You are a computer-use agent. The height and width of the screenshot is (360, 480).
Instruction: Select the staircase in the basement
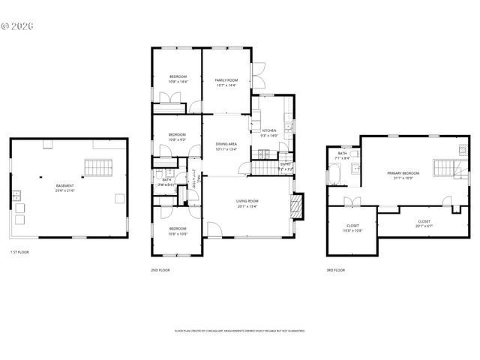point(97,167)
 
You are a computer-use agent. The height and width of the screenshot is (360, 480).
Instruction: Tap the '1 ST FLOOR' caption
point(20,252)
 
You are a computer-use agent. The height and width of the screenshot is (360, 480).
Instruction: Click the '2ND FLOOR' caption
point(161,270)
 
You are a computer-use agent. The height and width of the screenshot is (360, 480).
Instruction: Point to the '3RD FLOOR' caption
point(335,270)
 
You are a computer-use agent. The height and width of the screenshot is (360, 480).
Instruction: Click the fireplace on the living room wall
point(298,206)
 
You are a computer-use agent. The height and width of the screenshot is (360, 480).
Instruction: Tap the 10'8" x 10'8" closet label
point(352,228)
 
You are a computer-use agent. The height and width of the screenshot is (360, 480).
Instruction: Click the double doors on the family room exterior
point(259,73)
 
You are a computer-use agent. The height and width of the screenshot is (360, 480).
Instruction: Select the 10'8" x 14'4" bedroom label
point(178,79)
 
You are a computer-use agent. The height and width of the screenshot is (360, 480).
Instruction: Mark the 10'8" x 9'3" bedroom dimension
point(178,139)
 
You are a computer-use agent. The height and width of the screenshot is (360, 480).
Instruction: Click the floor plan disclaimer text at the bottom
point(240,330)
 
